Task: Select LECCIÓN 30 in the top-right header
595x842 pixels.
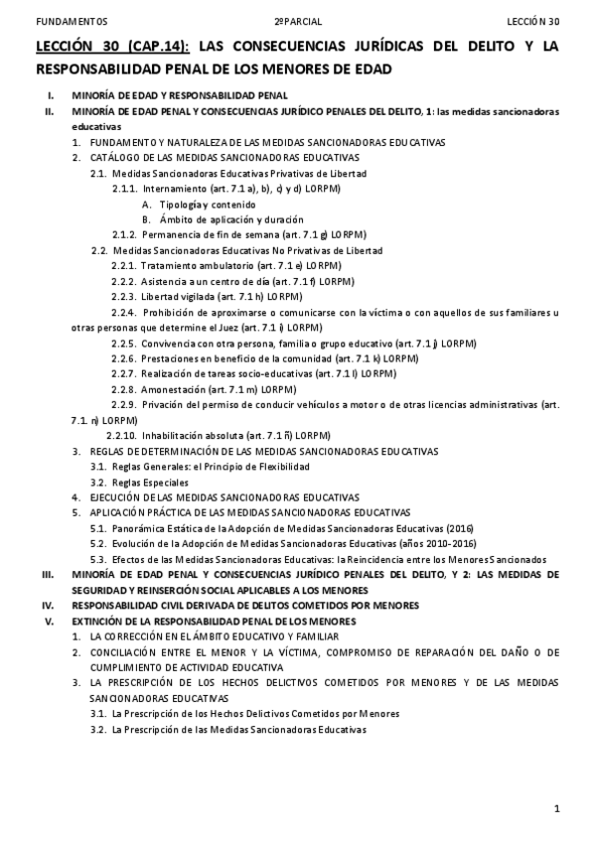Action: click(532, 20)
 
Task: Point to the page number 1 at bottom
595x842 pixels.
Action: click(558, 809)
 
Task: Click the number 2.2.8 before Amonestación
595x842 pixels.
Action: click(124, 389)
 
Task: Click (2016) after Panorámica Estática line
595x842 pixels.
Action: click(460, 528)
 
